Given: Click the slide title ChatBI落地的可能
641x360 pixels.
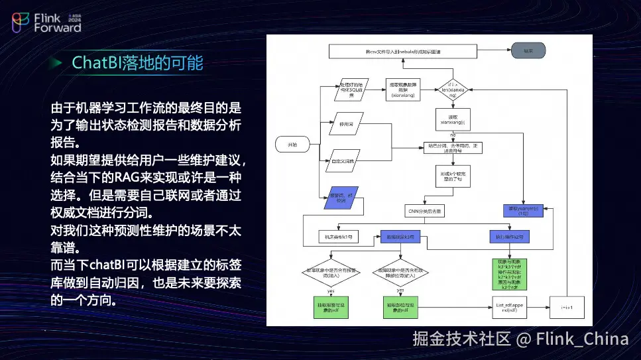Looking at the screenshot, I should coord(137,63).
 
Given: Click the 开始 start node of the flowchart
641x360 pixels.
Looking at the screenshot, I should coord(292,144).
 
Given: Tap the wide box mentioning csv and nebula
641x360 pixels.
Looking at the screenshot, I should coord(404,51).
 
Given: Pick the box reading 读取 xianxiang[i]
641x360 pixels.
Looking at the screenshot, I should coord(453,119).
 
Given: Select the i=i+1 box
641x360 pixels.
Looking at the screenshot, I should coord(567,306).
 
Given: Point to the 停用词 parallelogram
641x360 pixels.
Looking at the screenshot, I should coord(343,124).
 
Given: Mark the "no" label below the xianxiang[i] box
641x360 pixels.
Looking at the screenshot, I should coord(453,135).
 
